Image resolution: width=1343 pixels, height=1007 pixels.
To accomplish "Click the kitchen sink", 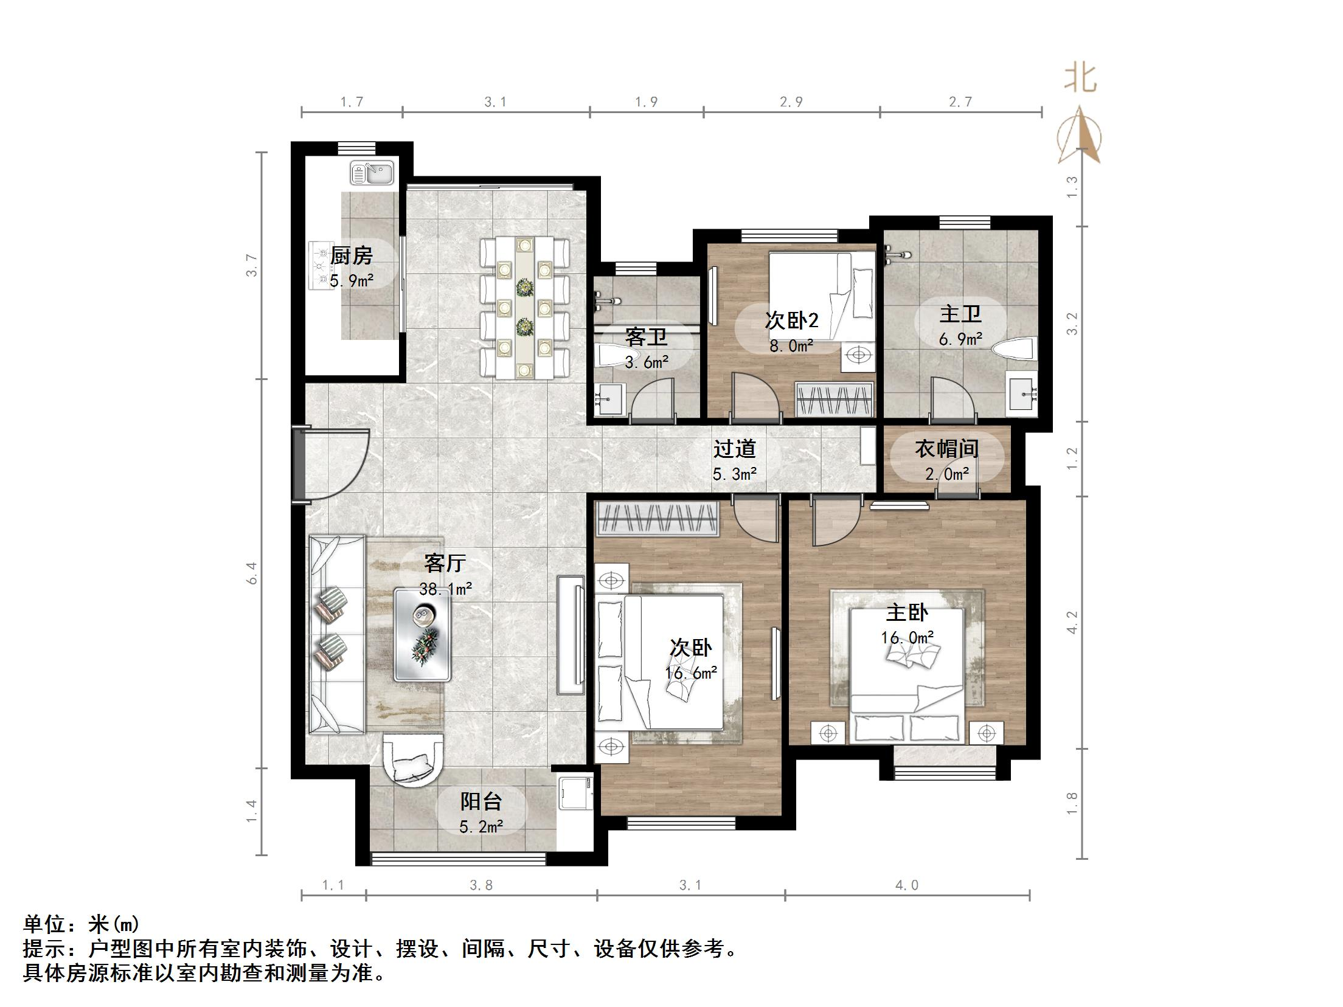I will pos(372,173).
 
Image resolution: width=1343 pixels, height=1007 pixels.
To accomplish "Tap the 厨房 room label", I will pos(351,255).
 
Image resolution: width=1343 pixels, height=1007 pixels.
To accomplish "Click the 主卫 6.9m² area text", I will pos(960,339).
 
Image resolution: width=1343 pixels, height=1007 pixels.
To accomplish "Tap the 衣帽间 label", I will pos(946,449).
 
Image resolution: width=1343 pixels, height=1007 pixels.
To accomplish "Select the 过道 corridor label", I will pos(734,449).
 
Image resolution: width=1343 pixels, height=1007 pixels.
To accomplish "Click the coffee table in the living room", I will pos(422,633).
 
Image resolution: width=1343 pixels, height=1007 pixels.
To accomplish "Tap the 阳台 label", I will pos(481,801).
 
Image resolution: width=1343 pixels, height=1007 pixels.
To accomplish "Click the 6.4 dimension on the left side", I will pos(252,573).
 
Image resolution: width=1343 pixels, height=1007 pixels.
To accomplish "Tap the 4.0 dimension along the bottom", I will pos(906,885).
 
